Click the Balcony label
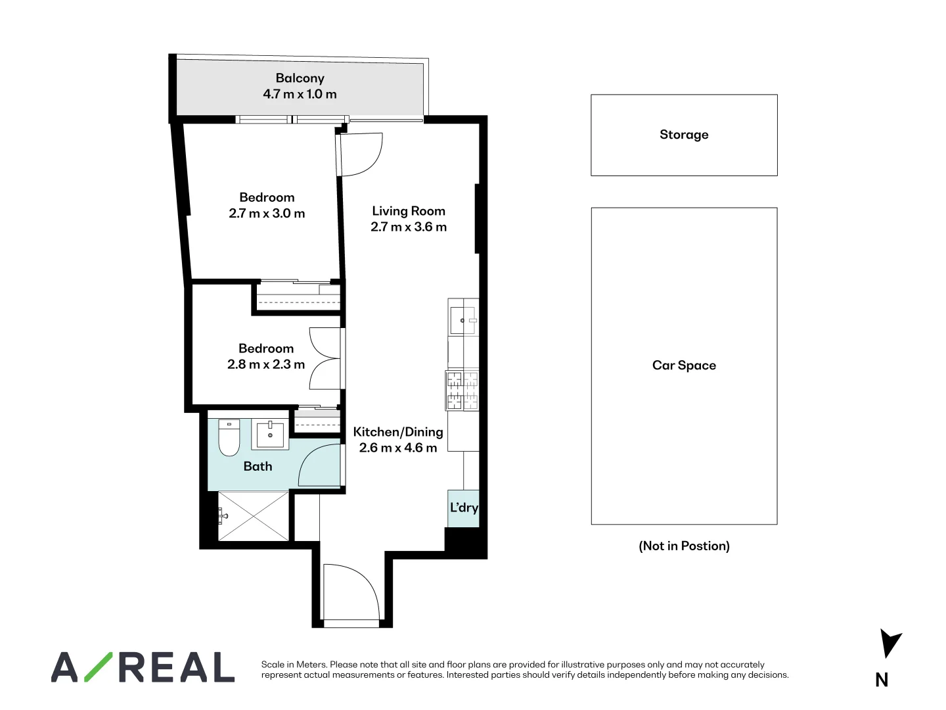[300, 78]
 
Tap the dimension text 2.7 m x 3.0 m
[267, 214]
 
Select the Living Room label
[408, 211]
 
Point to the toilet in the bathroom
[229, 438]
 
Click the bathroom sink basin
[270, 435]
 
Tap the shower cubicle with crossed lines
[254, 516]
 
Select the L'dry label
[463, 508]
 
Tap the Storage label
[684, 135]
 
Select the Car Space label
[684, 366]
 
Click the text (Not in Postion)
[684, 546]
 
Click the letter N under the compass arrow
[882, 680]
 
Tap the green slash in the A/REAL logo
[97, 667]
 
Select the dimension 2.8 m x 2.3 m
[266, 364]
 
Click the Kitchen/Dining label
[397, 432]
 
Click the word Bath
[258, 466]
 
